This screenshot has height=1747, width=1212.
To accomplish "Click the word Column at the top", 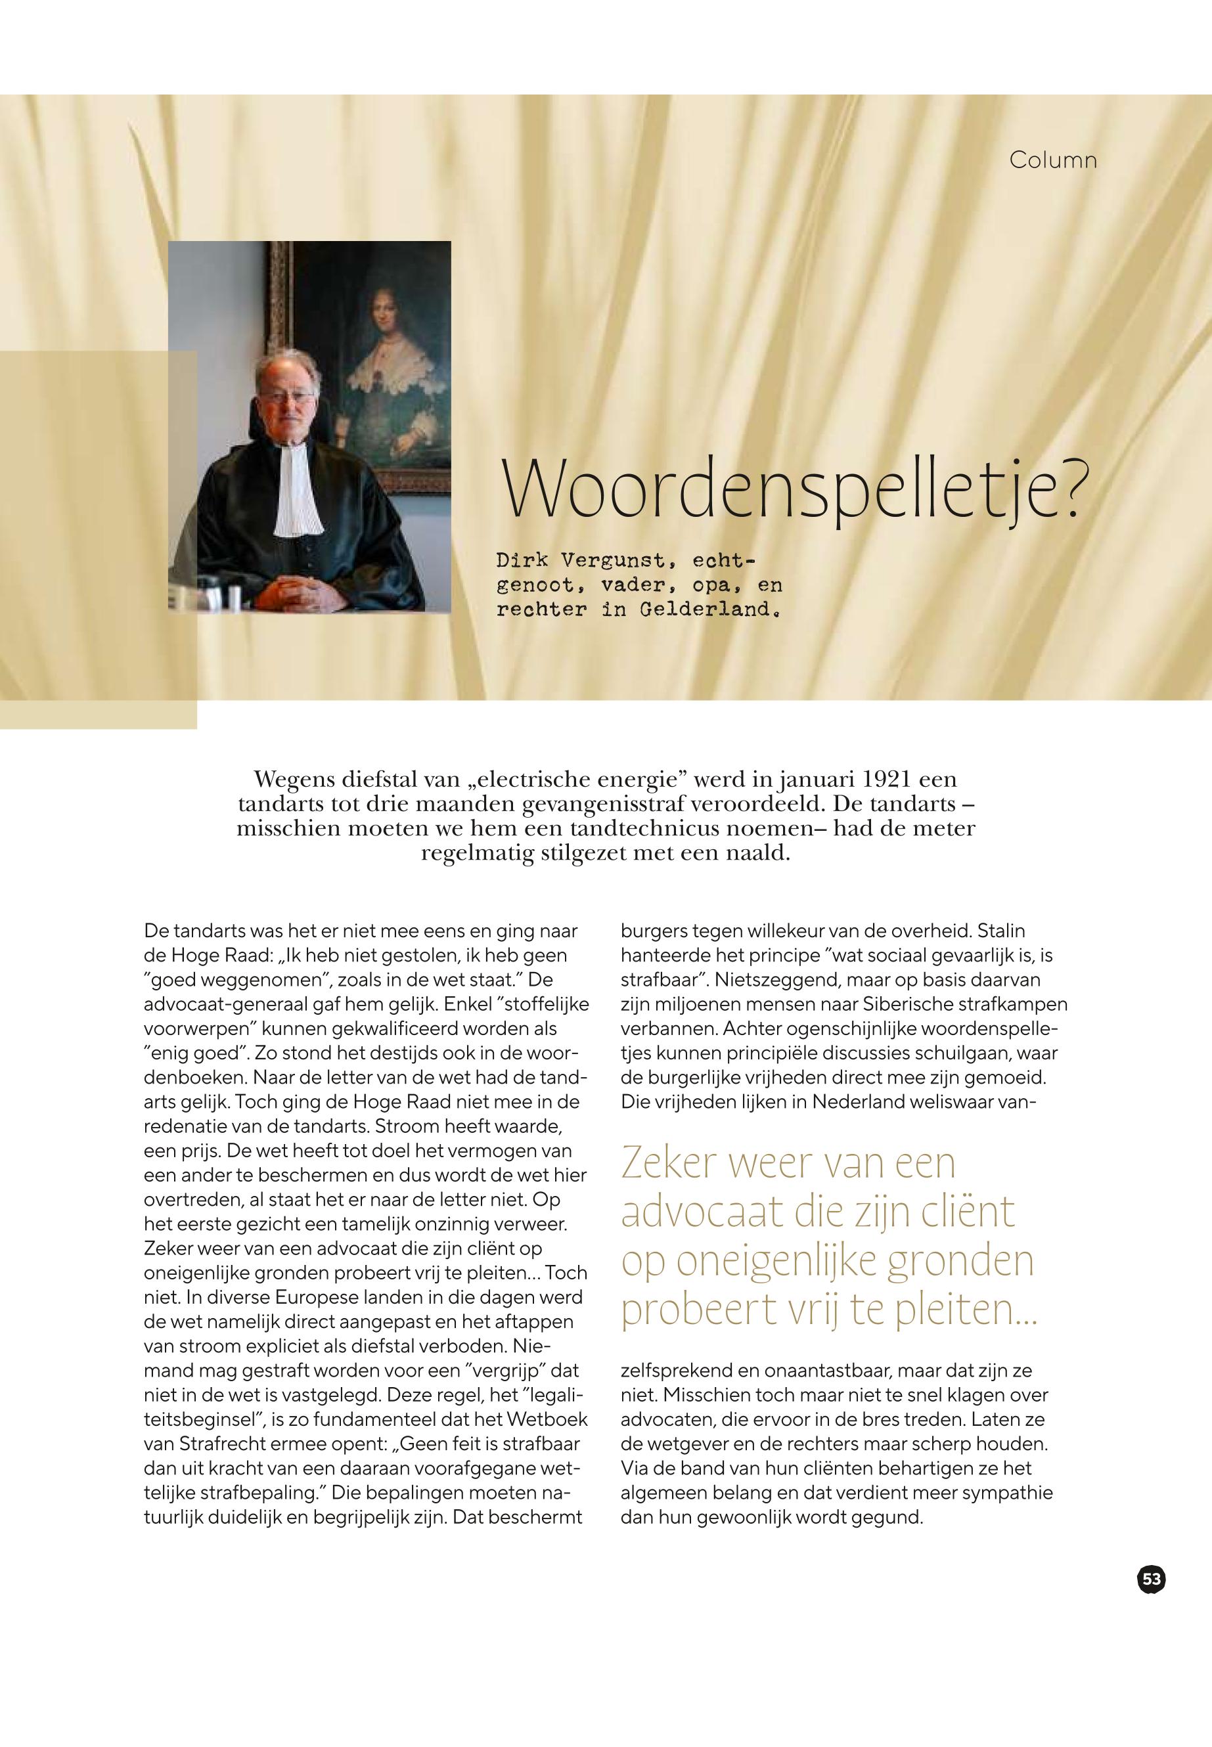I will [1052, 160].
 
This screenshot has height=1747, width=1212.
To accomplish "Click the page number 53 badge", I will [1152, 1580].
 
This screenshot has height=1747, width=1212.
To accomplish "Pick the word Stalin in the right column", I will [1001, 931].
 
